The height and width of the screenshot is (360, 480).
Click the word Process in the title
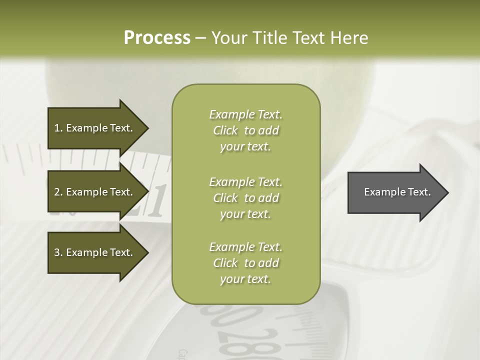[x=157, y=38]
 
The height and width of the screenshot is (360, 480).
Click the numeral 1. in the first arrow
[x=58, y=128]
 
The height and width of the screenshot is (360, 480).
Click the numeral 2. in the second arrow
[x=58, y=192]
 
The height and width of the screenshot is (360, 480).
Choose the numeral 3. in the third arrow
[x=58, y=252]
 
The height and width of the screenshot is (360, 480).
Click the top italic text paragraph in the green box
[x=245, y=130]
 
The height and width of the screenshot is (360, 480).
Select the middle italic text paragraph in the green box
[x=245, y=198]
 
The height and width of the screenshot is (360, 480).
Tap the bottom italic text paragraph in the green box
[x=245, y=263]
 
